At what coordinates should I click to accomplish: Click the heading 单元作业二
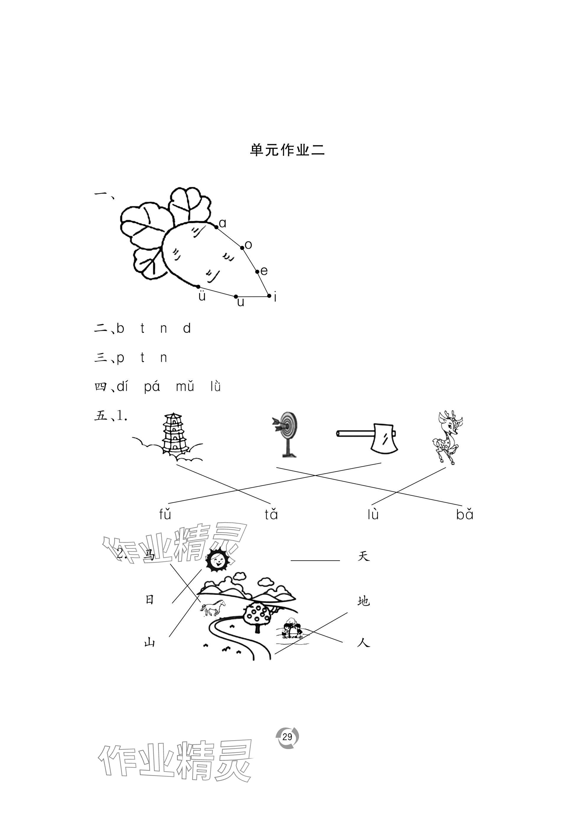coord(287,150)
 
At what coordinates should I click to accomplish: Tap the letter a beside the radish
coord(222,223)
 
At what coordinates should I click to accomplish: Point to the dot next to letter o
coord(242,248)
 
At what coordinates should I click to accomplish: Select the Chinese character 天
coord(364,556)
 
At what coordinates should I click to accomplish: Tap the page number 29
coord(287,737)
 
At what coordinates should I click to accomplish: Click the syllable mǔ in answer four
coord(185,387)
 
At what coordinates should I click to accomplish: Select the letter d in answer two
coord(187,328)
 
